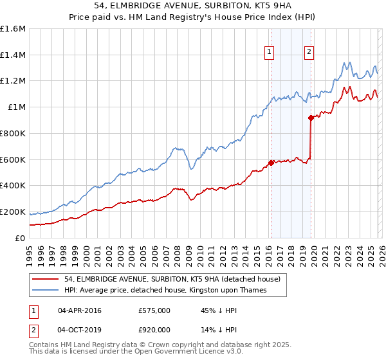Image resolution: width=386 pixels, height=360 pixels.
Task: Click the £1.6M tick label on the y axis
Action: [x=13, y=29]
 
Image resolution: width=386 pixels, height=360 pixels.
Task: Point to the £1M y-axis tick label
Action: [x=16, y=107]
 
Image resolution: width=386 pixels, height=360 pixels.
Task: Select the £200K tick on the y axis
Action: [x=13, y=212]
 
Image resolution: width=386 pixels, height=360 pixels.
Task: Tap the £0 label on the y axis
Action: [x=21, y=238]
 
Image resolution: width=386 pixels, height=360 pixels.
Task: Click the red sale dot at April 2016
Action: [x=271, y=163]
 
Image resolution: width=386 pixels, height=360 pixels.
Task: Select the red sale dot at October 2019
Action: [x=311, y=118]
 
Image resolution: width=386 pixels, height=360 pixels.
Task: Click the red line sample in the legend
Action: [x=46, y=280]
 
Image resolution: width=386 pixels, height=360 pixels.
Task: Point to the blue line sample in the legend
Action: [x=46, y=291]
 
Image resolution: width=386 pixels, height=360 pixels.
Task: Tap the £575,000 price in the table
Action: [x=154, y=310]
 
